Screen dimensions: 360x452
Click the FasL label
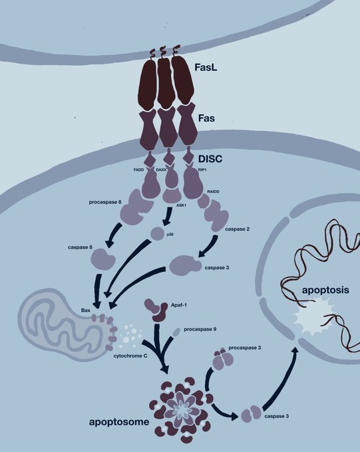coord(206,67)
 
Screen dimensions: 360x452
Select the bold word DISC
coord(210,159)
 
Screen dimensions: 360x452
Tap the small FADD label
coord(138,170)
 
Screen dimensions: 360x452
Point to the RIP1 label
coord(203,170)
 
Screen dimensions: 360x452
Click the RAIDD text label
coord(213,191)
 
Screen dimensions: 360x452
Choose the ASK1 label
coord(181,205)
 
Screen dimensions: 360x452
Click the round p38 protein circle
coord(158,233)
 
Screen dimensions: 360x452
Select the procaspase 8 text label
coord(105,202)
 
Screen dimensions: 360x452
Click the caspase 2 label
coord(237,229)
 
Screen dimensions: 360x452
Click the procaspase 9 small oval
coord(176,332)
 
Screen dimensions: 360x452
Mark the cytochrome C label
coord(130,356)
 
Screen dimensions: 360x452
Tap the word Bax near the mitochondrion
coord(85,310)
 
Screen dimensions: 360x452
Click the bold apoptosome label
coord(119,422)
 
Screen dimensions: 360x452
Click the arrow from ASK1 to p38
coord(168,216)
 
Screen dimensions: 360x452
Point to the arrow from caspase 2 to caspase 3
coord(208,247)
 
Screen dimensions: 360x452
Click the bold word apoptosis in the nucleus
coord(325,290)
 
